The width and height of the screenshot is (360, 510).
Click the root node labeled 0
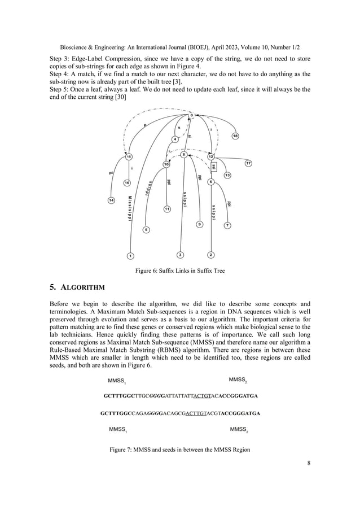(191, 115)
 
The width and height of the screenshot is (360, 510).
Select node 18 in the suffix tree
(235, 136)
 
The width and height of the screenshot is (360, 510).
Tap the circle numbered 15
(129, 156)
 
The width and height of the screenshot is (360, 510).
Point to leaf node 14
(111, 200)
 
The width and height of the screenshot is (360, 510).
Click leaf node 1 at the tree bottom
(130, 255)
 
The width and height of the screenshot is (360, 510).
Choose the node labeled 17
(248, 163)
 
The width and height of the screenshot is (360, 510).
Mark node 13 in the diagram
(227, 176)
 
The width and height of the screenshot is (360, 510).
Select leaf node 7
(227, 225)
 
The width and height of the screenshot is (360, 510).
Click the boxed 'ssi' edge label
(214, 168)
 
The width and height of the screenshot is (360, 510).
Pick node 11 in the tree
(167, 209)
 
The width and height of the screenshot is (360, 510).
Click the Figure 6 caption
(179, 271)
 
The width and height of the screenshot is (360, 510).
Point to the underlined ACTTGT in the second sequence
(203, 413)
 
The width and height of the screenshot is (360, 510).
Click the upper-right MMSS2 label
(238, 379)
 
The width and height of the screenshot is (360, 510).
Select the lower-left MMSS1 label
(117, 430)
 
